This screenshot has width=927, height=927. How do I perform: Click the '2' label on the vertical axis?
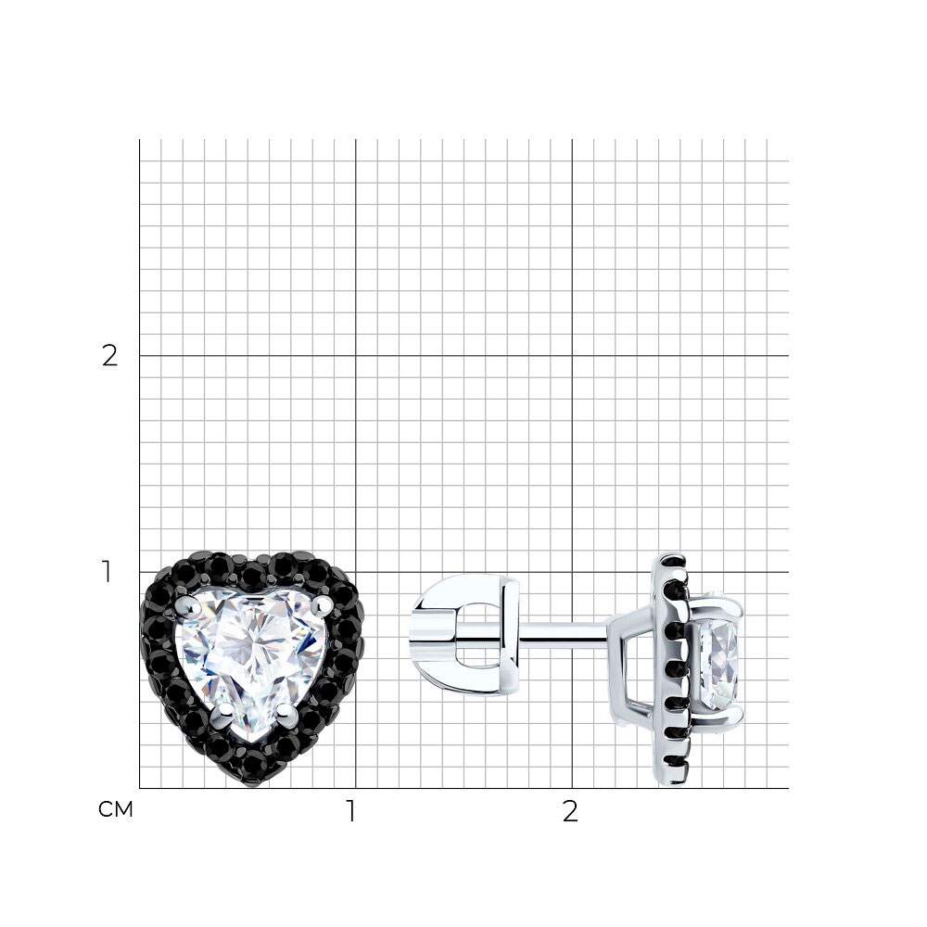[110, 356]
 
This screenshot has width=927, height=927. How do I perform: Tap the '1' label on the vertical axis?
[107, 572]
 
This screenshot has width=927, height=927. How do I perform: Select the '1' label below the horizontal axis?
[351, 811]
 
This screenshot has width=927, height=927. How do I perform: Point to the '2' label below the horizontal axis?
[570, 811]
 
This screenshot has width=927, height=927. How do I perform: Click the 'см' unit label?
[116, 809]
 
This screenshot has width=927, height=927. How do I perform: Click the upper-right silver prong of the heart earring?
[322, 603]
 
